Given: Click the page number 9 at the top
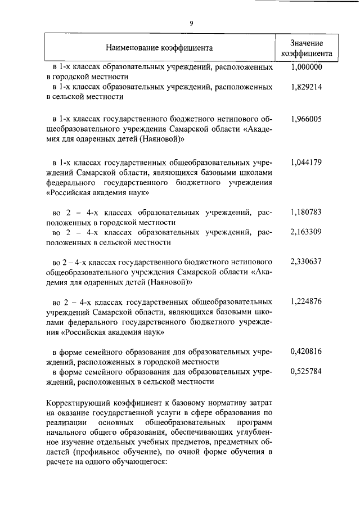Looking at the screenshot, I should (191, 23).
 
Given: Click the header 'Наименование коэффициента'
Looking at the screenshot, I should (159, 48).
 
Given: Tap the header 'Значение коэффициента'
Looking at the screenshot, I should (306, 48).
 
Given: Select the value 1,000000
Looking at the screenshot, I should (306, 67).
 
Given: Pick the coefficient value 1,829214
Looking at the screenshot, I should (306, 87).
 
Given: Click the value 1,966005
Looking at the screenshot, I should (306, 119).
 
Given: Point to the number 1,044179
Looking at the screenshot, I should (306, 162).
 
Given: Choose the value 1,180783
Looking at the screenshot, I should (306, 212).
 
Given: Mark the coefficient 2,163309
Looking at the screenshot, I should (306, 232).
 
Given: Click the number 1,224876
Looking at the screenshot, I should (306, 301).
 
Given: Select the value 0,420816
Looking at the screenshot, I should (306, 352).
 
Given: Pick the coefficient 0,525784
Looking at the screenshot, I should (306, 371).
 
